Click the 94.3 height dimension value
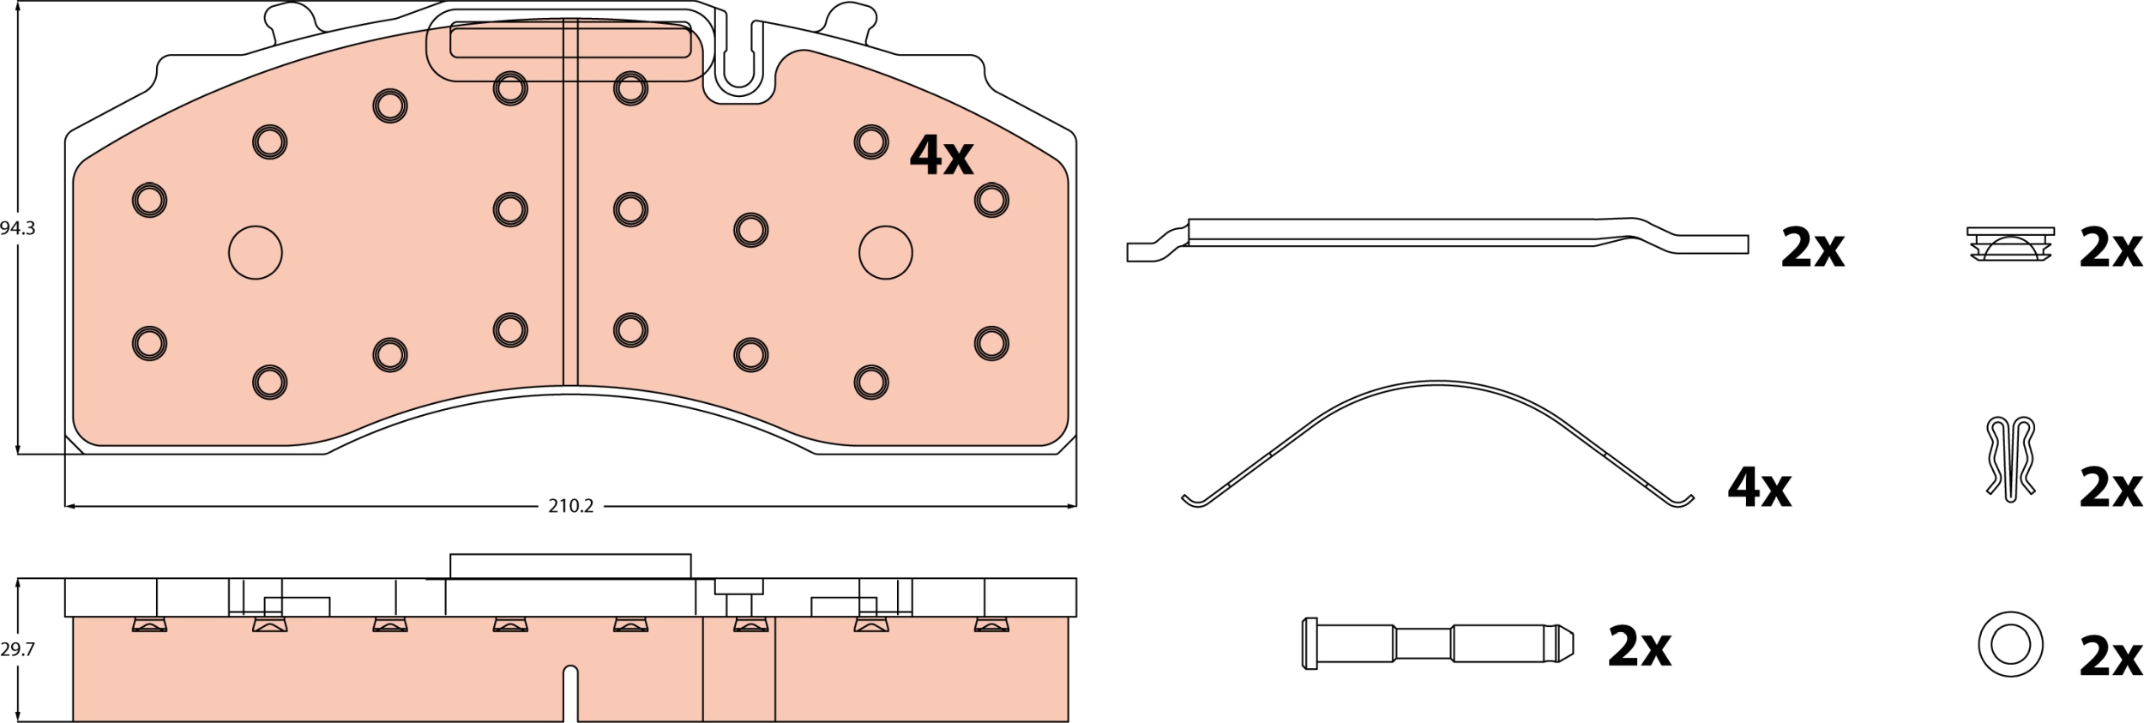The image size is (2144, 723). point(17,229)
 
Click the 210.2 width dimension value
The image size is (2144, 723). point(571,507)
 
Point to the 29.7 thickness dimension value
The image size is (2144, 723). point(17,649)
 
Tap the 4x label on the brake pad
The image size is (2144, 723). point(941,155)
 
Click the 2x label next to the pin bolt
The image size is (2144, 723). point(1639,647)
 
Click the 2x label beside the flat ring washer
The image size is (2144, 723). point(2111,657)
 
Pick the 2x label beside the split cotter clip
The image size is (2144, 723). point(2111,488)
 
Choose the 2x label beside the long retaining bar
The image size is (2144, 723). point(1812,248)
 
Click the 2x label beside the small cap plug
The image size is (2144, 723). point(2111,248)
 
